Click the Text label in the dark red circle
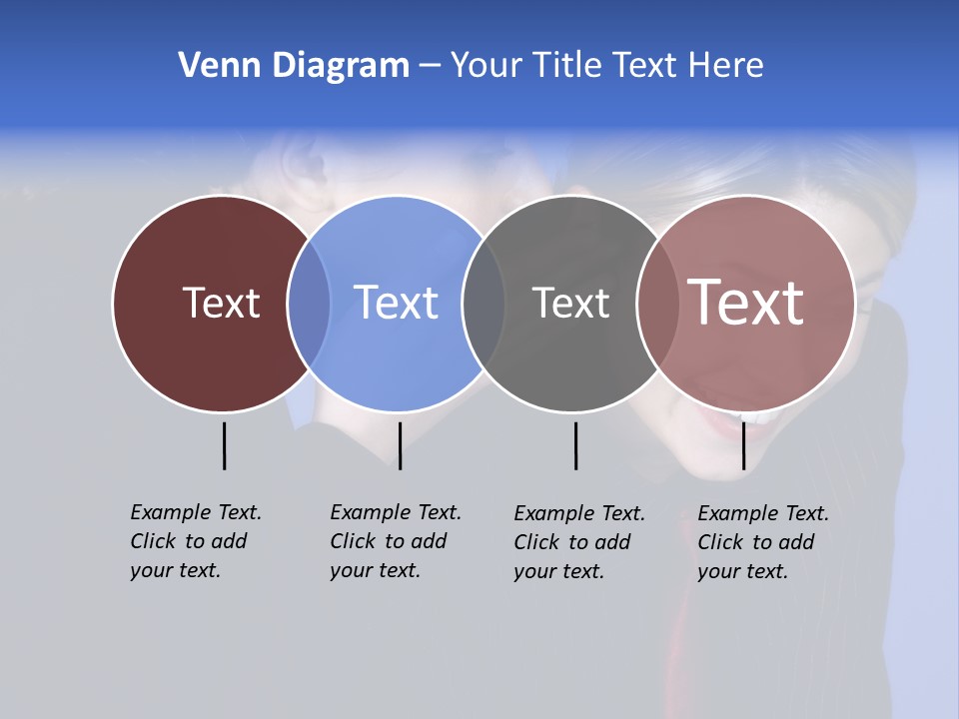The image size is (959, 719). coord(221,303)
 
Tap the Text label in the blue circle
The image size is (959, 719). coord(396,303)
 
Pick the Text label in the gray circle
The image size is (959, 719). coord(570,303)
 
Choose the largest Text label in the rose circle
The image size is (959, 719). coord(746,302)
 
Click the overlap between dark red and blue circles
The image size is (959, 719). coord(309,304)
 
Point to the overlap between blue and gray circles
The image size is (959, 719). coord(483,304)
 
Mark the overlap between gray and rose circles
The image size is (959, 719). coord(657,304)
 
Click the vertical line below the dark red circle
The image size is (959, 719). coord(224,445)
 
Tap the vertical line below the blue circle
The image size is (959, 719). coord(400,445)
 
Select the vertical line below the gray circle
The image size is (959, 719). coord(575,445)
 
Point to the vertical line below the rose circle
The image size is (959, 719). coord(743,445)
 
